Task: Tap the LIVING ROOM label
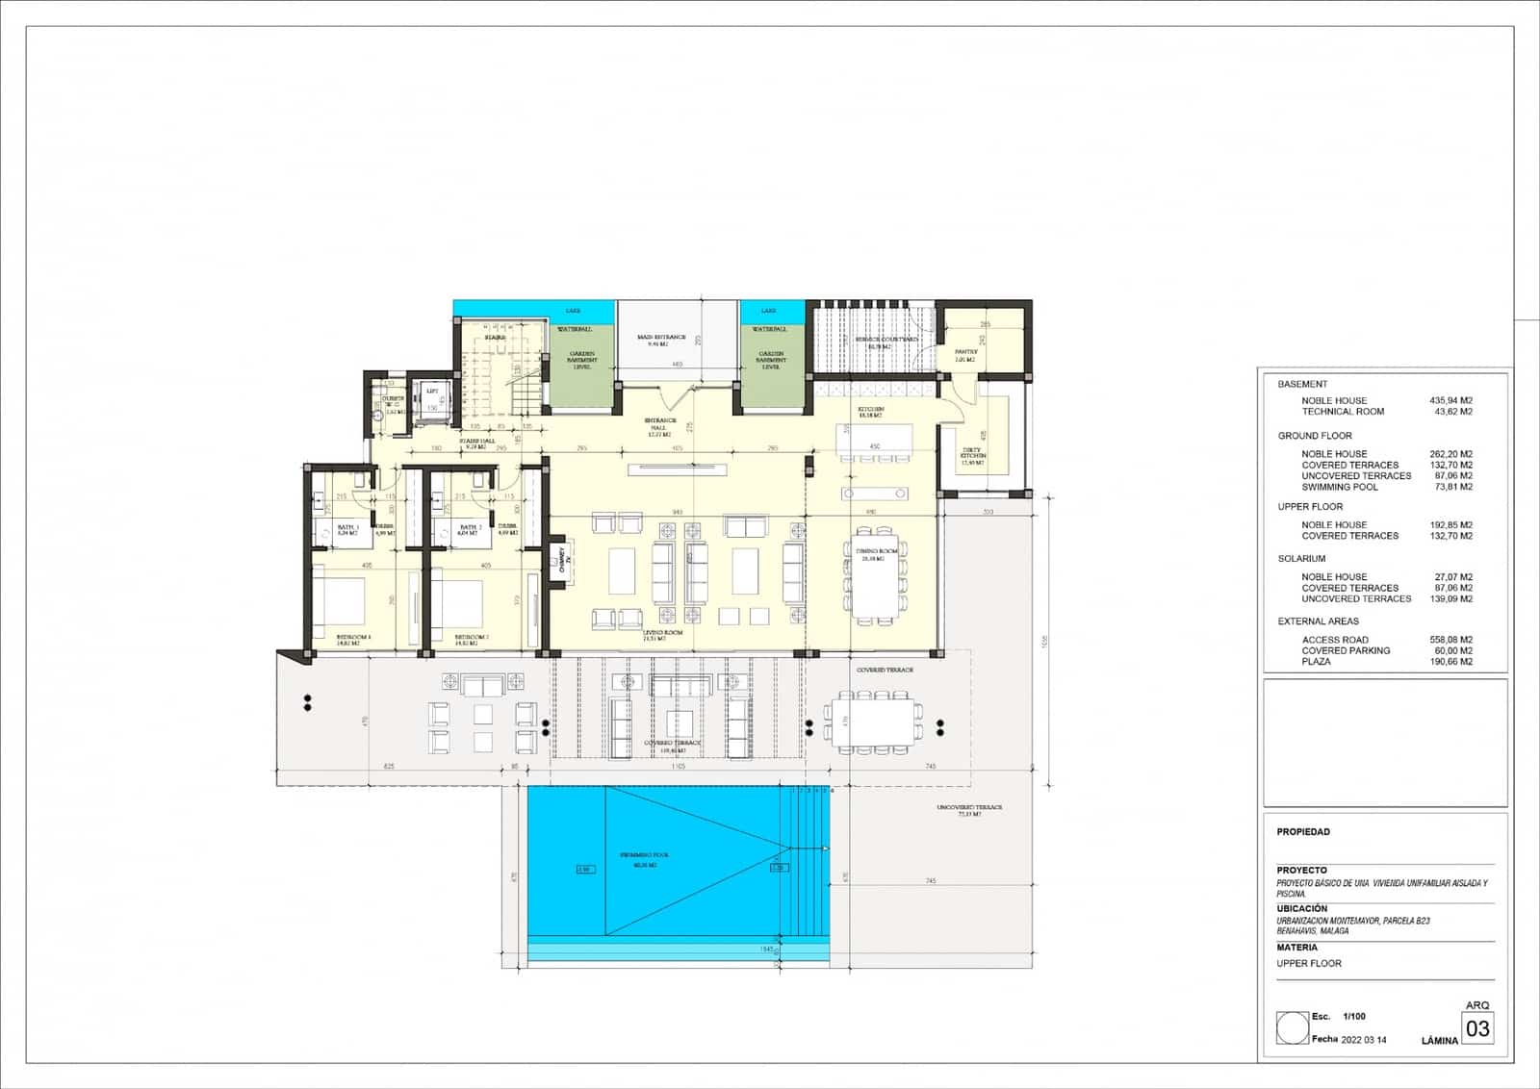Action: coord(662,634)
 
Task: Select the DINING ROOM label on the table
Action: coord(876,554)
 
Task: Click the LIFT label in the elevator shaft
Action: coord(432,393)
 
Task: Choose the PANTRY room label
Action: coord(965,355)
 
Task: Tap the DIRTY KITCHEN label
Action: coord(973,458)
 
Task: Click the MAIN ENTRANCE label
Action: coord(661,340)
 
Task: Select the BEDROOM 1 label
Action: coord(353,639)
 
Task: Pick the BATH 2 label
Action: coord(469,530)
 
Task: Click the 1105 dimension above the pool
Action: coord(677,767)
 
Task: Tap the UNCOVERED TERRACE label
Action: coord(969,809)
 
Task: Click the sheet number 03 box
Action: coord(1476,1028)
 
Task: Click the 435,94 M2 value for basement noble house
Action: coord(1451,400)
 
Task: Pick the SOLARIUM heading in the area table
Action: coord(1301,559)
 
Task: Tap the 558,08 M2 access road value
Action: coord(1451,640)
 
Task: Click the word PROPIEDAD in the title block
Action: coord(1303,832)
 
